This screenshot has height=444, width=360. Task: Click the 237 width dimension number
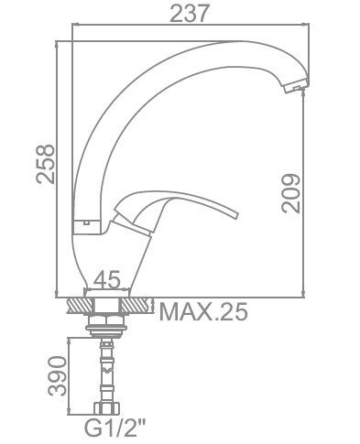190,14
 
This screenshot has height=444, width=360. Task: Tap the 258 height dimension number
46,164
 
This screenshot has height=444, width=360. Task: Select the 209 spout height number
291,193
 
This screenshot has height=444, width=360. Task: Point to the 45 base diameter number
107,280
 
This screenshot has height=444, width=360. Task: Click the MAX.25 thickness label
203,311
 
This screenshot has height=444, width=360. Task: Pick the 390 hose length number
58,375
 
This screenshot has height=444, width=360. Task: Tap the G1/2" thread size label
115,428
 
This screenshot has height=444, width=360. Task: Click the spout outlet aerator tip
296,85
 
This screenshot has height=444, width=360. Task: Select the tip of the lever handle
235,214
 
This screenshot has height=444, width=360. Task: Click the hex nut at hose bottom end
106,408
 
